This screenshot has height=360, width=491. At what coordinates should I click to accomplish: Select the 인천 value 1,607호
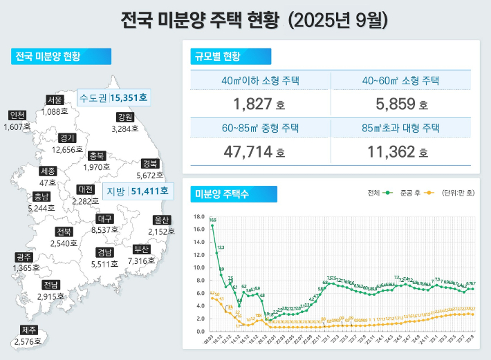pos(17,127)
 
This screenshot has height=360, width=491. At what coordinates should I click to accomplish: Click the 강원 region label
pos(125,117)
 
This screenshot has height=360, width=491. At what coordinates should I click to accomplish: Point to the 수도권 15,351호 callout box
pos(113,97)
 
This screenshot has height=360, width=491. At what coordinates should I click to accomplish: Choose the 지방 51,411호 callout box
pos(136,191)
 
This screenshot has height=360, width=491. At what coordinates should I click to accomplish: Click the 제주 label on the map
pos(29,330)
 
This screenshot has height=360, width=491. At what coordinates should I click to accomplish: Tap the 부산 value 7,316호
pos(141,261)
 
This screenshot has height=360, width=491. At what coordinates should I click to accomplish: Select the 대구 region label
pos(104,220)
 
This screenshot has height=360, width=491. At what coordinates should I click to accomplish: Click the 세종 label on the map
pos(48,171)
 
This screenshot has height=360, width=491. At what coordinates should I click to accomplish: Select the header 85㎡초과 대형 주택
pos(400,128)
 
